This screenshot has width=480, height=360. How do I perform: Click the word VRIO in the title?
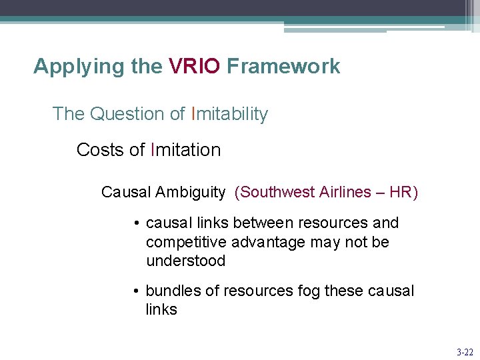click(x=194, y=67)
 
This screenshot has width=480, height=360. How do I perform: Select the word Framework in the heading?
click(x=283, y=67)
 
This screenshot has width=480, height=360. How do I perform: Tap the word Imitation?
click(x=186, y=150)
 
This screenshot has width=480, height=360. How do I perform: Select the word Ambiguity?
click(x=191, y=193)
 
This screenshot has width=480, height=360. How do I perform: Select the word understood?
click(x=186, y=261)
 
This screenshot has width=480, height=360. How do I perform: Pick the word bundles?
click(x=171, y=291)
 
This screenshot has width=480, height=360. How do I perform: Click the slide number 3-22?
click(x=464, y=351)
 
